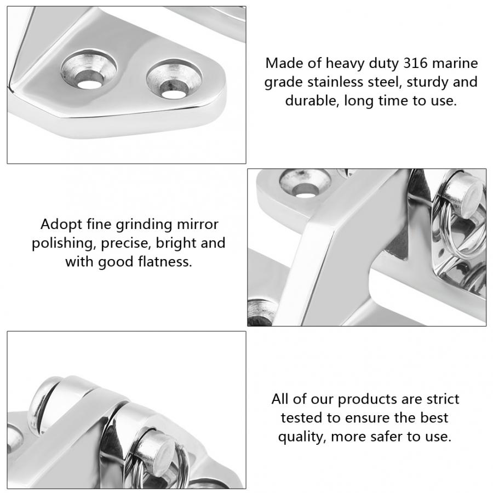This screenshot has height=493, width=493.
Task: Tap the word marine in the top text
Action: tap(454, 62)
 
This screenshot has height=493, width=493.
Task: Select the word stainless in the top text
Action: tap(336, 82)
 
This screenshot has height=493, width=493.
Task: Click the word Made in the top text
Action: tap(282, 62)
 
